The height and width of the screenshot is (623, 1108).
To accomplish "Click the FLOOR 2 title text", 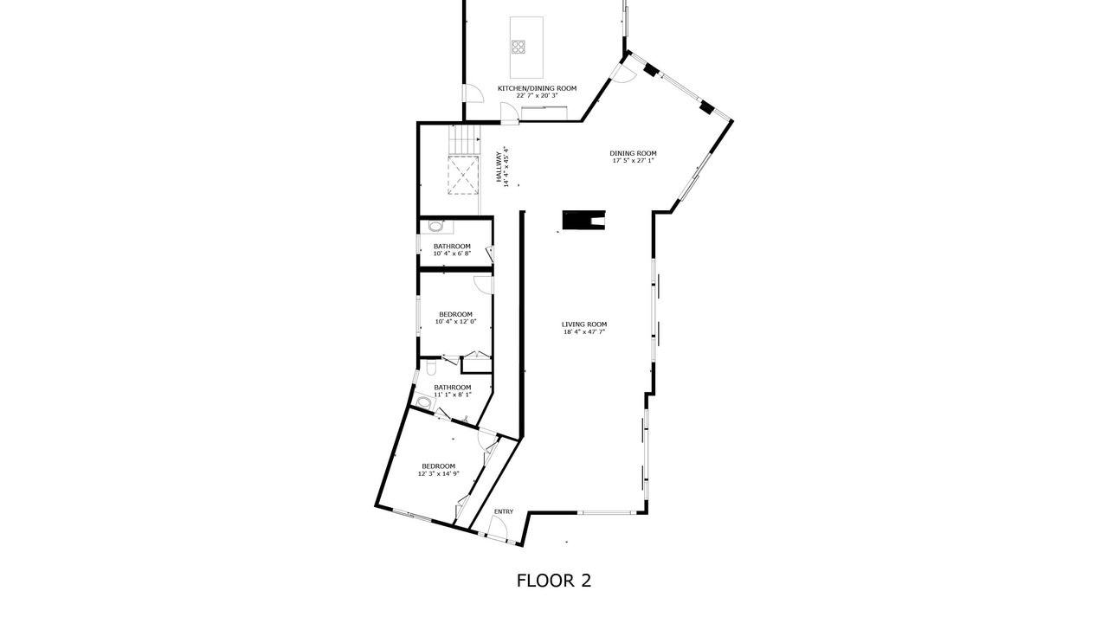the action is (x=553, y=581).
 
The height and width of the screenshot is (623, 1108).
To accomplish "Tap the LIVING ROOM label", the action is (x=584, y=328).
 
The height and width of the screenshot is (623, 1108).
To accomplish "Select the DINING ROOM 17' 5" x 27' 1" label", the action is (x=633, y=157).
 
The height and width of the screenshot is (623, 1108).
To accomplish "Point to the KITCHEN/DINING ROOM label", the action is (x=537, y=92).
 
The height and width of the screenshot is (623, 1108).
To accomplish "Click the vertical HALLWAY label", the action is (x=503, y=167).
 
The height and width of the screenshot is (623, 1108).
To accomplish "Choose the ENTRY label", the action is (x=504, y=511).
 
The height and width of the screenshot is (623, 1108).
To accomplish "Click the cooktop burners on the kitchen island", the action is (x=518, y=47).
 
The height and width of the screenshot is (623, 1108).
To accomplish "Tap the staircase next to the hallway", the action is (x=465, y=139).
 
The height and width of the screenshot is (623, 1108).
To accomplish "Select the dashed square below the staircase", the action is (x=463, y=175).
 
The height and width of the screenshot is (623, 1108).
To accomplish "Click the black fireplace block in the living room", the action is (x=583, y=220).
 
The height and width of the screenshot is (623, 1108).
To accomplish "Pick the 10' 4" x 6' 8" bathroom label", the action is (x=452, y=250).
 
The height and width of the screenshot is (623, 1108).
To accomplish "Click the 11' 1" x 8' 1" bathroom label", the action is (x=453, y=390).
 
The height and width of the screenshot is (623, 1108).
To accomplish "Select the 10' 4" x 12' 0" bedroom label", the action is (x=455, y=318).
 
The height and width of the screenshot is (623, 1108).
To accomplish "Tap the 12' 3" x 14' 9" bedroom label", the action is (x=438, y=470).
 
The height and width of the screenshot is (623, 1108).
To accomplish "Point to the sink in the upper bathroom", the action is (x=435, y=227).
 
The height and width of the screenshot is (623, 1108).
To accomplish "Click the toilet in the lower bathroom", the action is (x=430, y=368).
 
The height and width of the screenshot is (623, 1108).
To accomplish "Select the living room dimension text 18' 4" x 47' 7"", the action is (x=584, y=331).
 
